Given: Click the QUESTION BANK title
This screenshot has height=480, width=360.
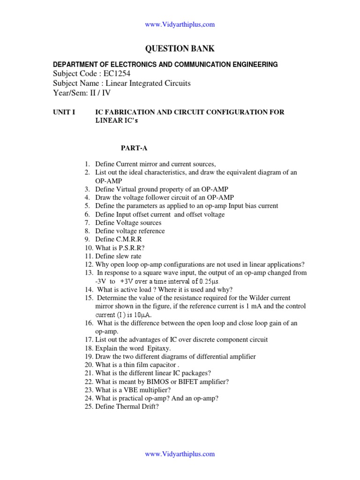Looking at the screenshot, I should click(x=180, y=49).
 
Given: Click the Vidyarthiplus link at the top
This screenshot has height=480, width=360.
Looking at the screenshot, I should click(x=180, y=24).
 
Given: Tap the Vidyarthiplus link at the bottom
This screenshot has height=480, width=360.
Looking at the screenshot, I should click(x=180, y=454).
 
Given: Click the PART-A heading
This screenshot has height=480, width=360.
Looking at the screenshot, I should click(x=134, y=148).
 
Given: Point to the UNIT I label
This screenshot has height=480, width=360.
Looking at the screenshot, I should click(x=64, y=112).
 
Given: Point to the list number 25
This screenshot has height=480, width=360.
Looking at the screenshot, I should click(x=89, y=407).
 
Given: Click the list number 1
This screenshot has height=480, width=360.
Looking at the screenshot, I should click(x=87, y=164).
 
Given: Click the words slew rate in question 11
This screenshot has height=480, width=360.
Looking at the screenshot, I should click(x=127, y=256).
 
